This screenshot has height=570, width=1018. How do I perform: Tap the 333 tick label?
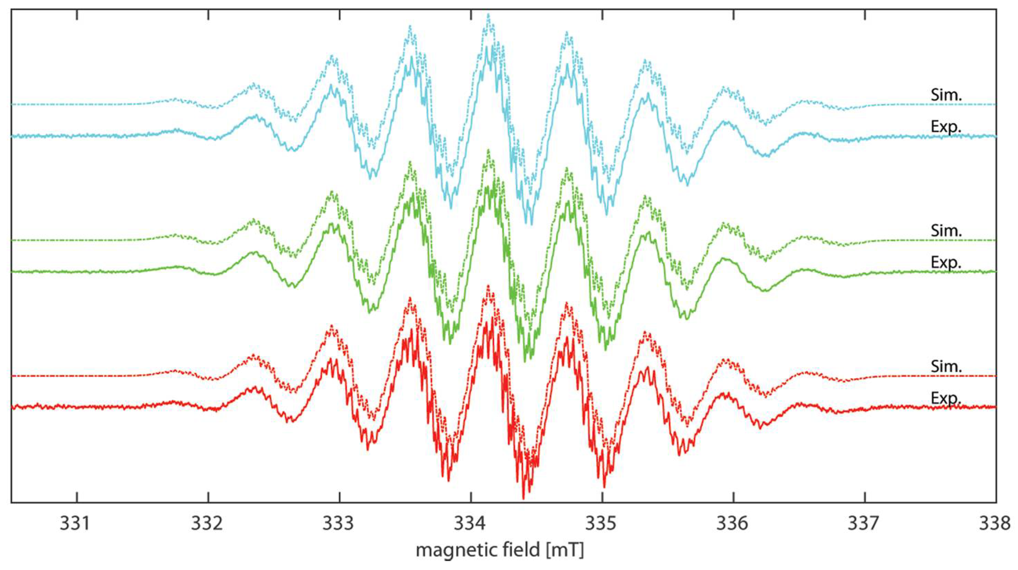[339, 524]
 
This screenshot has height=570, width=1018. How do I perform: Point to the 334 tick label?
[471, 524]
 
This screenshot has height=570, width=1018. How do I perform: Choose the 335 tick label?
[602, 524]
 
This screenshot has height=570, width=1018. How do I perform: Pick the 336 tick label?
[734, 524]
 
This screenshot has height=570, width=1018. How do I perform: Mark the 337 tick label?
[865, 524]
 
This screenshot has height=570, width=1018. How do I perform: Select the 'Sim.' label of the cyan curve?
[946, 95]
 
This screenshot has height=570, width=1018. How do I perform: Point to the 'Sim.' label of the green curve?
[946, 231]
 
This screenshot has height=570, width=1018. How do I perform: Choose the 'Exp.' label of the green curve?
[946, 262]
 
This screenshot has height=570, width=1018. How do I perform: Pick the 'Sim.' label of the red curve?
[946, 367]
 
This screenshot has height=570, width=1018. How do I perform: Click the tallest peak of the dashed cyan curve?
[489, 14]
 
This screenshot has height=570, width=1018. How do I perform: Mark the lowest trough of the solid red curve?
[523, 498]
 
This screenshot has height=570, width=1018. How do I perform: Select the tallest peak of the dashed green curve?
[489, 150]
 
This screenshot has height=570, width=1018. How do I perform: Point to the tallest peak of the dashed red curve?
[489, 286]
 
